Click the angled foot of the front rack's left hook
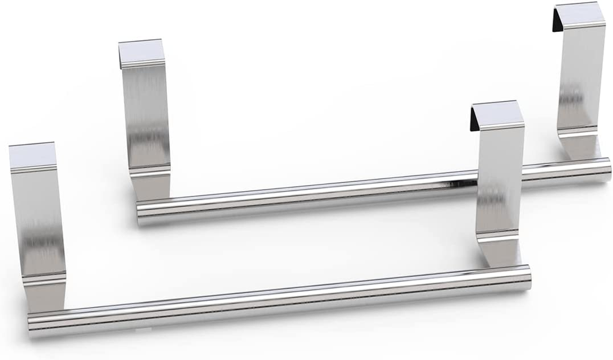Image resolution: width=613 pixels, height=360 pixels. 45,295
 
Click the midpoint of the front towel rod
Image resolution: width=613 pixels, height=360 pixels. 279,301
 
